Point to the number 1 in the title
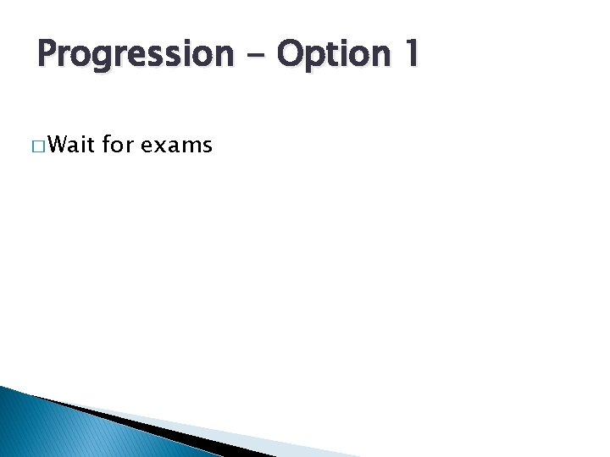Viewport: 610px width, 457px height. pos(409,53)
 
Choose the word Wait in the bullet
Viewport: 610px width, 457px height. pos(72,146)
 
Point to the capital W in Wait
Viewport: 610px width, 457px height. pos(59,146)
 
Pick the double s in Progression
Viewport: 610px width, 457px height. pos(169,57)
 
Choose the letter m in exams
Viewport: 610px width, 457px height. pos(191,146)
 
